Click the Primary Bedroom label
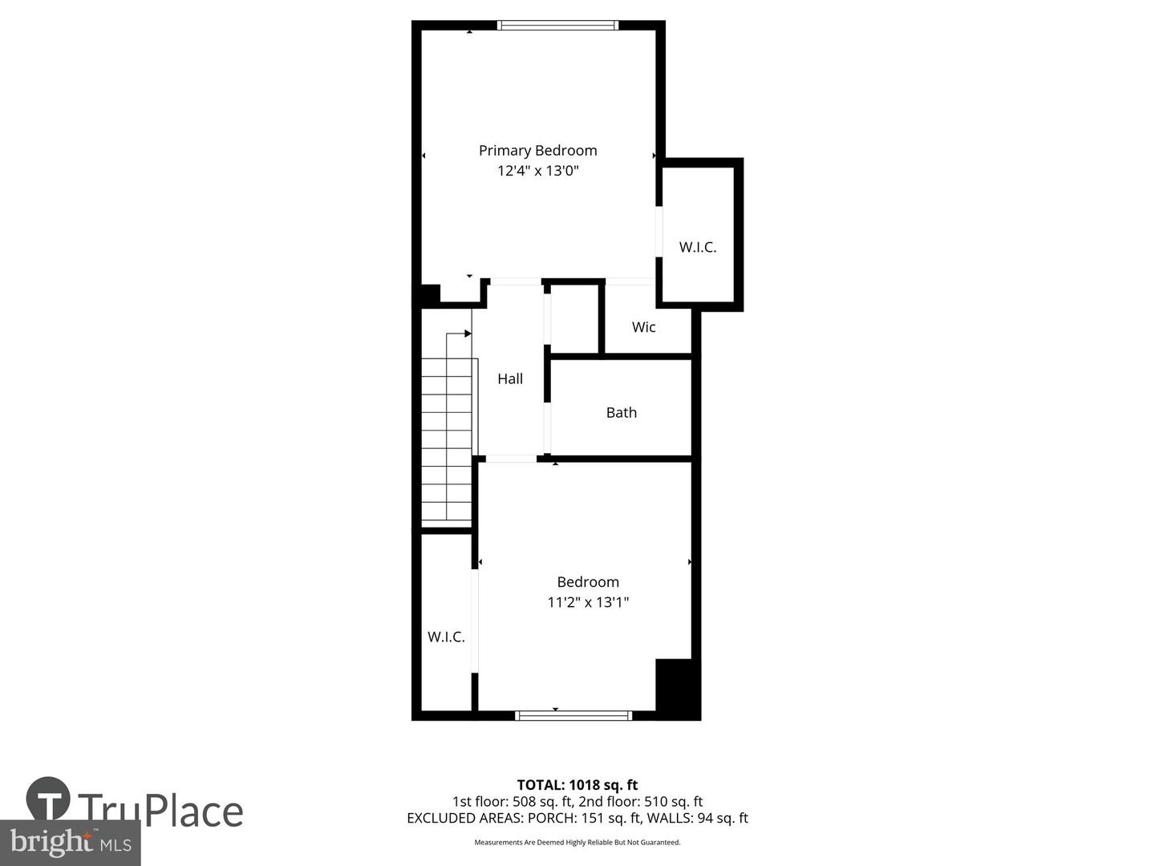click(537, 150)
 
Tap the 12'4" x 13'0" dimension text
click(537, 171)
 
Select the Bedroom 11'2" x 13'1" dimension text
click(588, 602)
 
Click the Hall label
click(510, 378)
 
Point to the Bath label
click(621, 412)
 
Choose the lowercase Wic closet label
click(643, 326)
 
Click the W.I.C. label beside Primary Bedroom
click(697, 247)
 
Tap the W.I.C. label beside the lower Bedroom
click(446, 637)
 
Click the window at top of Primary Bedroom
click(557, 26)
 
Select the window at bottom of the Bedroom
click(573, 715)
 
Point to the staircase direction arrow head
click(468, 334)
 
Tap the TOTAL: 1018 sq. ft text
click(577, 785)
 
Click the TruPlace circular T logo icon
click(48, 799)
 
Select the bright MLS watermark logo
click(71, 842)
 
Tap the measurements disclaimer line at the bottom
click(577, 843)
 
